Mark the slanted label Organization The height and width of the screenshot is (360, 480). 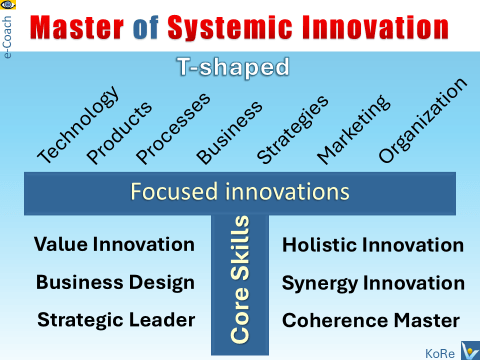tap(422, 123)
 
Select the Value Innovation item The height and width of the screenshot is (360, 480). tap(114, 244)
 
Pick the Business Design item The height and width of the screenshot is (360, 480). tap(115, 282)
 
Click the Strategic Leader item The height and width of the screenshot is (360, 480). tap(115, 320)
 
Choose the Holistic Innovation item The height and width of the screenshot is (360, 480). tap(373, 245)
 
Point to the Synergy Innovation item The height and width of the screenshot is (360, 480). tap(373, 283)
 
